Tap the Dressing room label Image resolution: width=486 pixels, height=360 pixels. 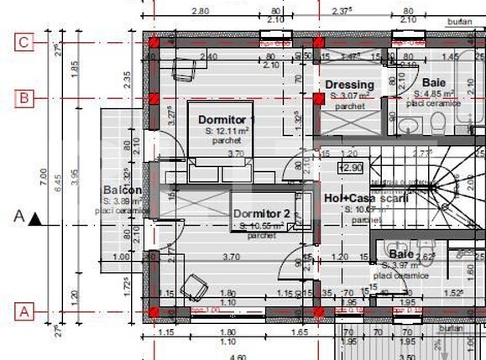tap(349, 85)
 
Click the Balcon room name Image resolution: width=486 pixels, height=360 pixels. tap(123, 190)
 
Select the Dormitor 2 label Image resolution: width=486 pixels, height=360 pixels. tap(261, 214)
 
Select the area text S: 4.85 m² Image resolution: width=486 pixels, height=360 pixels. tap(434, 94)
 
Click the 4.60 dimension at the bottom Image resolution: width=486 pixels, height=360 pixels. tap(226, 356)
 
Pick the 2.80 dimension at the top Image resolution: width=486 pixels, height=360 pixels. tap(200, 11)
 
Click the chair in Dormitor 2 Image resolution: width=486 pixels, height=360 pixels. tap(195, 286)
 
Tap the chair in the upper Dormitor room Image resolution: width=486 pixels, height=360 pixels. tap(183, 69)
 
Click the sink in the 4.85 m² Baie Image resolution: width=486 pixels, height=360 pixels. tap(407, 126)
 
